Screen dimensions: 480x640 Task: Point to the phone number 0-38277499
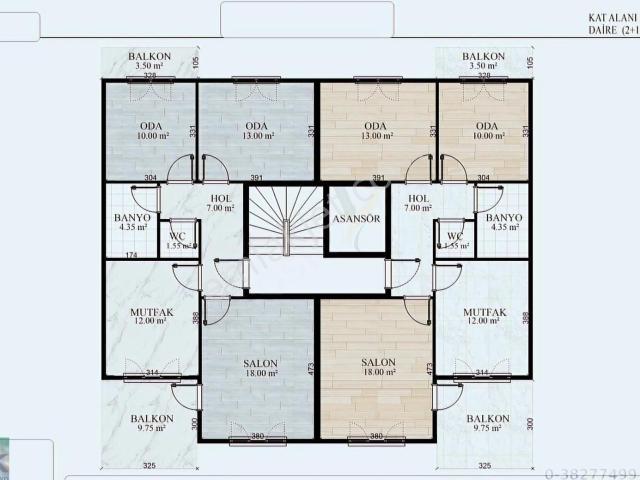tap(592, 473)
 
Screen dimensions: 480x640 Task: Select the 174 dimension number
tap(130, 255)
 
